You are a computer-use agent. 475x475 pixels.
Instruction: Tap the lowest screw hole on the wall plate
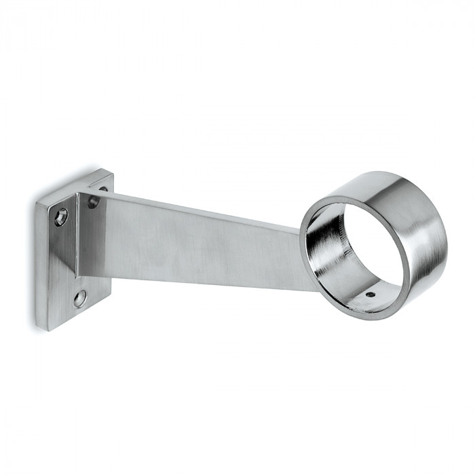click(x=80, y=297)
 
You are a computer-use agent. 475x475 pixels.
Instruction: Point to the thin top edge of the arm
click(x=204, y=206)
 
